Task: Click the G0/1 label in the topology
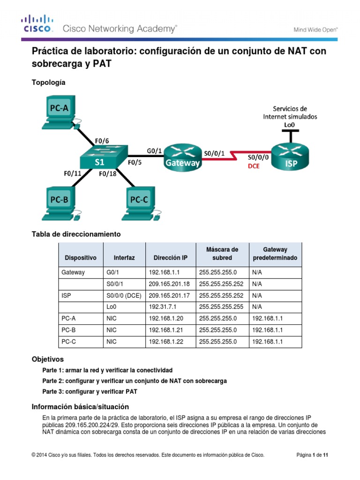point(154,150)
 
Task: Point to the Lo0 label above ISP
point(290,125)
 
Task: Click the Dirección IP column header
point(170,258)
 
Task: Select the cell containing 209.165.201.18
point(170,284)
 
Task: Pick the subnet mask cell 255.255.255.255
point(221,307)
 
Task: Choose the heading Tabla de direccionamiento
point(76,233)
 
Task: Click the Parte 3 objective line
point(90,391)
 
